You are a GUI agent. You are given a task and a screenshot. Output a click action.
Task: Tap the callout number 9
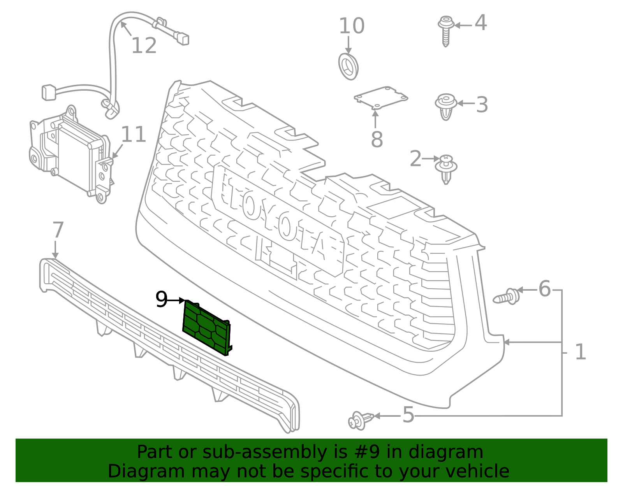click(161, 300)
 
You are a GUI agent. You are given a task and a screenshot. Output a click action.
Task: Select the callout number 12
click(144, 46)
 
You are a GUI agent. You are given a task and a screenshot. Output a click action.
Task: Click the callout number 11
click(134, 135)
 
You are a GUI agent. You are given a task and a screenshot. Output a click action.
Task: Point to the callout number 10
click(352, 26)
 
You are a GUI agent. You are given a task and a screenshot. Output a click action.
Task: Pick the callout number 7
click(58, 230)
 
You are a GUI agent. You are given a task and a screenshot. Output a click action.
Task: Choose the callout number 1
click(580, 352)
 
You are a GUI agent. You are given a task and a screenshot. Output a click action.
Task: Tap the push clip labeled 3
click(446, 106)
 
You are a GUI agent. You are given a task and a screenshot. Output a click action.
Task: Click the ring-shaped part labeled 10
click(348, 67)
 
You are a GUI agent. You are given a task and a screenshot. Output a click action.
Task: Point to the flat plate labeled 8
click(381, 96)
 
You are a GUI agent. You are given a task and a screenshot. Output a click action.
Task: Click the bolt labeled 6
click(507, 297)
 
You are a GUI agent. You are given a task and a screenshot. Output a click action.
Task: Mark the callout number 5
click(408, 415)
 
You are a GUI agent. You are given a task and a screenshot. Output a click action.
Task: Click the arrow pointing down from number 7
click(55, 249)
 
